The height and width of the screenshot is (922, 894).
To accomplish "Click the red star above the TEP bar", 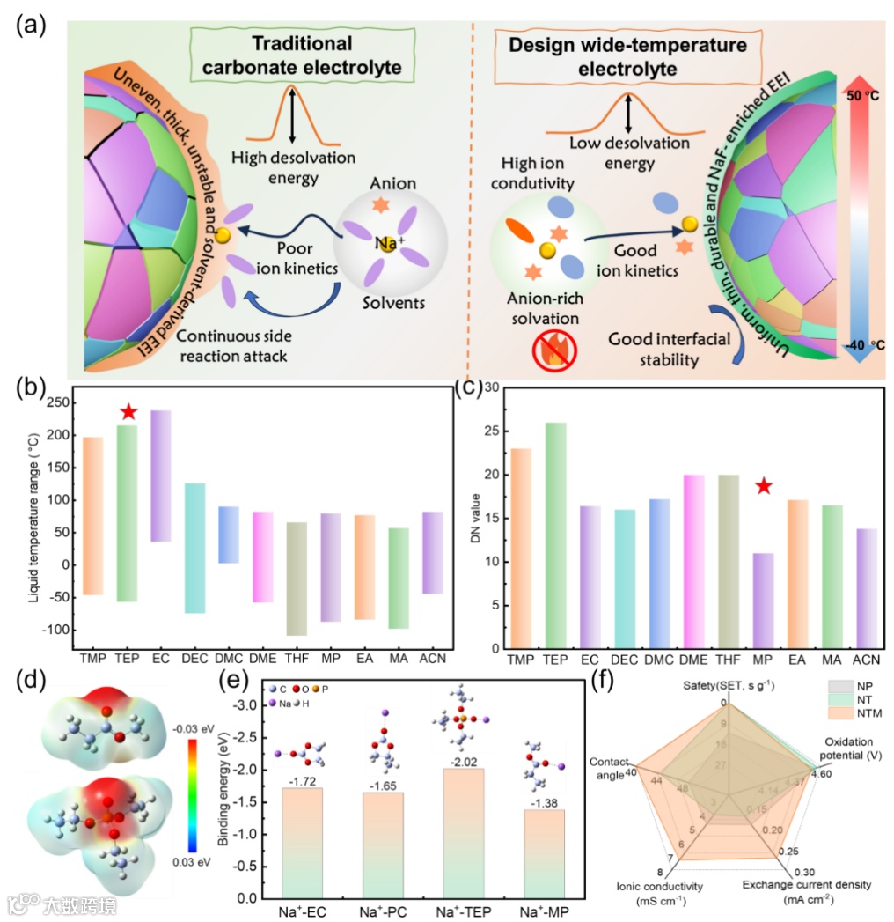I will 128,411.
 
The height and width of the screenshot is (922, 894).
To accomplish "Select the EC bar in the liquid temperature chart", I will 161,476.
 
